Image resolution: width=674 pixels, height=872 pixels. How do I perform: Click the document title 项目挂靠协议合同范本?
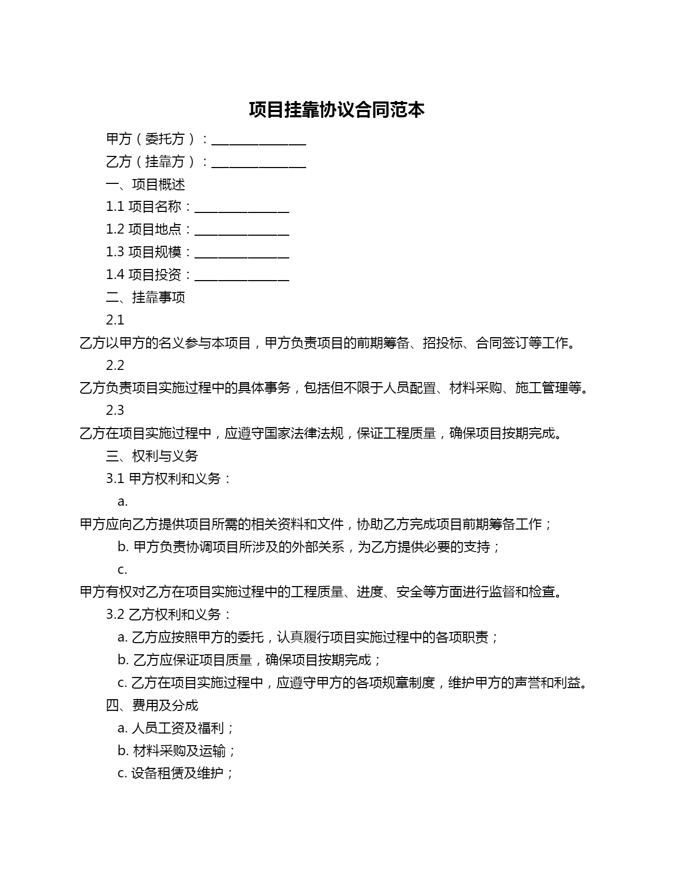[337, 110]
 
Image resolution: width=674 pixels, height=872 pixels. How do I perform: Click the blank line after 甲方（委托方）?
[258, 141]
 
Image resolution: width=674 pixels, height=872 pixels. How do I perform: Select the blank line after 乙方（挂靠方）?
[258, 163]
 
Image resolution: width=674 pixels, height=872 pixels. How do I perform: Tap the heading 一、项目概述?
[145, 184]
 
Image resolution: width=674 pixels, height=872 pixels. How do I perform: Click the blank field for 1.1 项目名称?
[242, 208]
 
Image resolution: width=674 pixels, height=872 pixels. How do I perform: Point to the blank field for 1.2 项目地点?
[242, 231]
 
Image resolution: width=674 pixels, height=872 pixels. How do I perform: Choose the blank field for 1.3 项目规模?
[242, 254]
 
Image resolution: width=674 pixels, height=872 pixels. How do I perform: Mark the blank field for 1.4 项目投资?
[242, 276]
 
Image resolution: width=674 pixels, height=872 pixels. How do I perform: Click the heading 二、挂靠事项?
[145, 298]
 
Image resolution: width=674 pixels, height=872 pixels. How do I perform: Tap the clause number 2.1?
[115, 320]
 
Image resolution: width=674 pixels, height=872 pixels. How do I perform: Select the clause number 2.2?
[115, 366]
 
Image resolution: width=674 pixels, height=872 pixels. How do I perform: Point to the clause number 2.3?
[115, 411]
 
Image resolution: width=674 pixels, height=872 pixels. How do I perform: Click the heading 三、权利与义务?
[152, 456]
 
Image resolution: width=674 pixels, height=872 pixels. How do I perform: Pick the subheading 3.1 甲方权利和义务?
[169, 479]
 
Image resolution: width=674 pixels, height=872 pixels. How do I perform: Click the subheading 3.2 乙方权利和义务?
[169, 615]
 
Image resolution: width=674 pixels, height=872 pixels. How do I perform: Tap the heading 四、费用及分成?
[152, 706]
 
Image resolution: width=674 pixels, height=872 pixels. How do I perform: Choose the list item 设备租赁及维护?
[176, 774]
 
